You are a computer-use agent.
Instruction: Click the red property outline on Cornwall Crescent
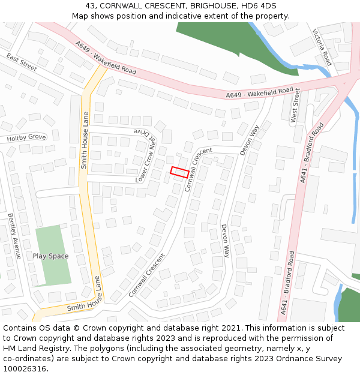(180, 172)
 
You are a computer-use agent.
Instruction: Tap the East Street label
(22, 62)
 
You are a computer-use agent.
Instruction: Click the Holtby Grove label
(26, 138)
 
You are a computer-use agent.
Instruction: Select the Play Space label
(50, 256)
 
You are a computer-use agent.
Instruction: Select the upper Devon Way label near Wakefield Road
(250, 140)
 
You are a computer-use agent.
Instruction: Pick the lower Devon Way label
(225, 241)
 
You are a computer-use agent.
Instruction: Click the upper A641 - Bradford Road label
(312, 152)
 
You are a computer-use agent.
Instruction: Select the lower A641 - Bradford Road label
(287, 282)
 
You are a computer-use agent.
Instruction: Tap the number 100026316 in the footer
(26, 369)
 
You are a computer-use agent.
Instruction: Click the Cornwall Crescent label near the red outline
(199, 169)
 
